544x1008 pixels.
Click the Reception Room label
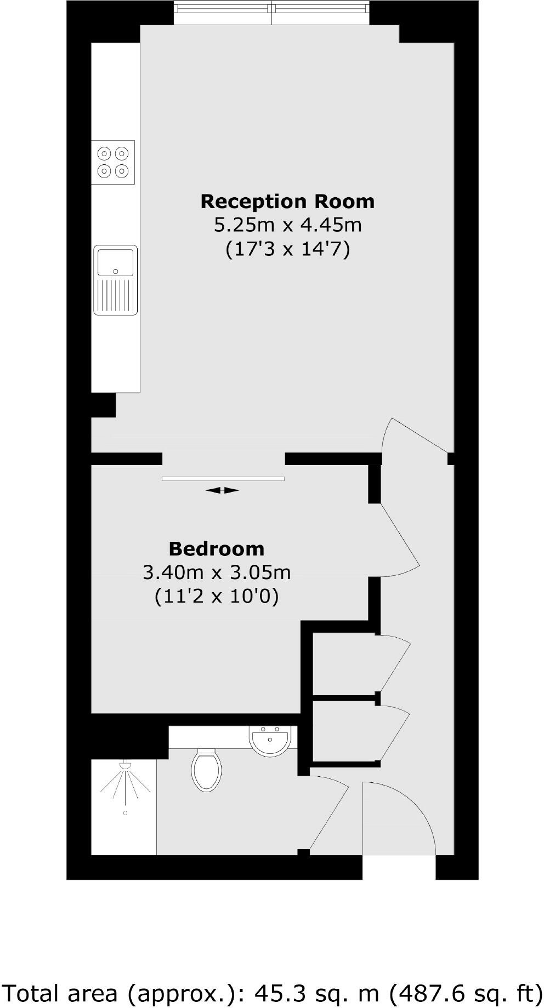287,202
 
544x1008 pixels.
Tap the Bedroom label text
216,548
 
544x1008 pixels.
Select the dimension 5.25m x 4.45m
287,225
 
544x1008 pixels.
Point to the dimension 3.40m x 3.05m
217,572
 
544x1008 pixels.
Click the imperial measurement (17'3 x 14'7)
287,249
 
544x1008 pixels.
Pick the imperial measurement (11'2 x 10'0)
217,596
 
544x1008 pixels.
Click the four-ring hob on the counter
113,162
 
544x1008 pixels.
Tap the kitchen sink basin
116,262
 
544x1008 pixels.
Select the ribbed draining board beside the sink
116,296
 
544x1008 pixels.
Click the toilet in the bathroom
207,770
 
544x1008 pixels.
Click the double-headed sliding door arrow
222,490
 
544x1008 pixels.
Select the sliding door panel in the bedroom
223,479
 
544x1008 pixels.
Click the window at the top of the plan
272,13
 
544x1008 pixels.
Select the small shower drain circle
125,813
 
